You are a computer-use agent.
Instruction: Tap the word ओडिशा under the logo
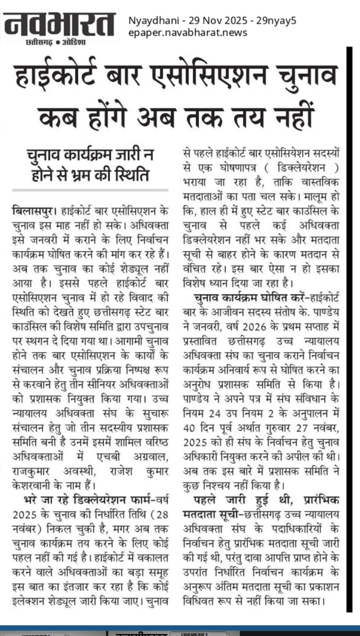point(74,41)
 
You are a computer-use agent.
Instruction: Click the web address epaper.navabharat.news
point(188,33)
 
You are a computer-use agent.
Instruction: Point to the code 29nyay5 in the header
point(276,20)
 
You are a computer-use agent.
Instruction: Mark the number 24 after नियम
point(215,413)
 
